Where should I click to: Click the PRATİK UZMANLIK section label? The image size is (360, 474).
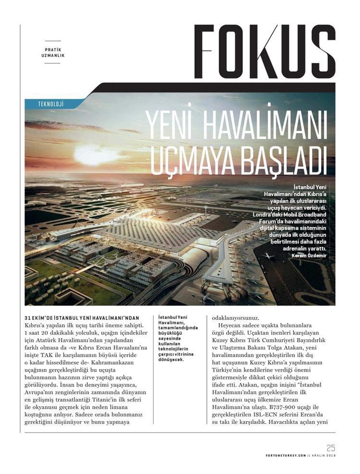pos(53,52)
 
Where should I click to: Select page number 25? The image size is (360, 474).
pos(330,448)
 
